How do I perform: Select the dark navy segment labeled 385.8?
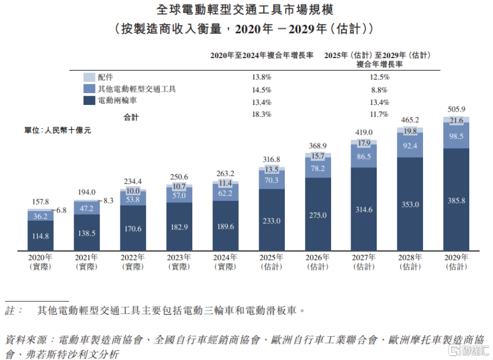coord(456,200)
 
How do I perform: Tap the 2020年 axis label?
coord(40,258)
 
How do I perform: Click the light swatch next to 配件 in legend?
coord(90,77)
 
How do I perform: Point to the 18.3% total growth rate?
coord(262,114)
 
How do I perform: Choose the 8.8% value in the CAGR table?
coord(379,90)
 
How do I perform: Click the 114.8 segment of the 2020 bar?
coord(40,236)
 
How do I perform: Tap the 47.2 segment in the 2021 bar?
coord(87,209)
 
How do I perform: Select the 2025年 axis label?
coord(272,258)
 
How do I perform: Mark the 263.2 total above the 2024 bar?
coord(225,174)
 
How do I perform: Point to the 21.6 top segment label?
coord(456,120)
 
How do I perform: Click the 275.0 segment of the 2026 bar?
coord(318,215)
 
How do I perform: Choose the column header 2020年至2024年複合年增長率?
coord(262,55)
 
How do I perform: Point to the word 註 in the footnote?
coord(10,310)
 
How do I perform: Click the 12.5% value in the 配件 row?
coord(379,77)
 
